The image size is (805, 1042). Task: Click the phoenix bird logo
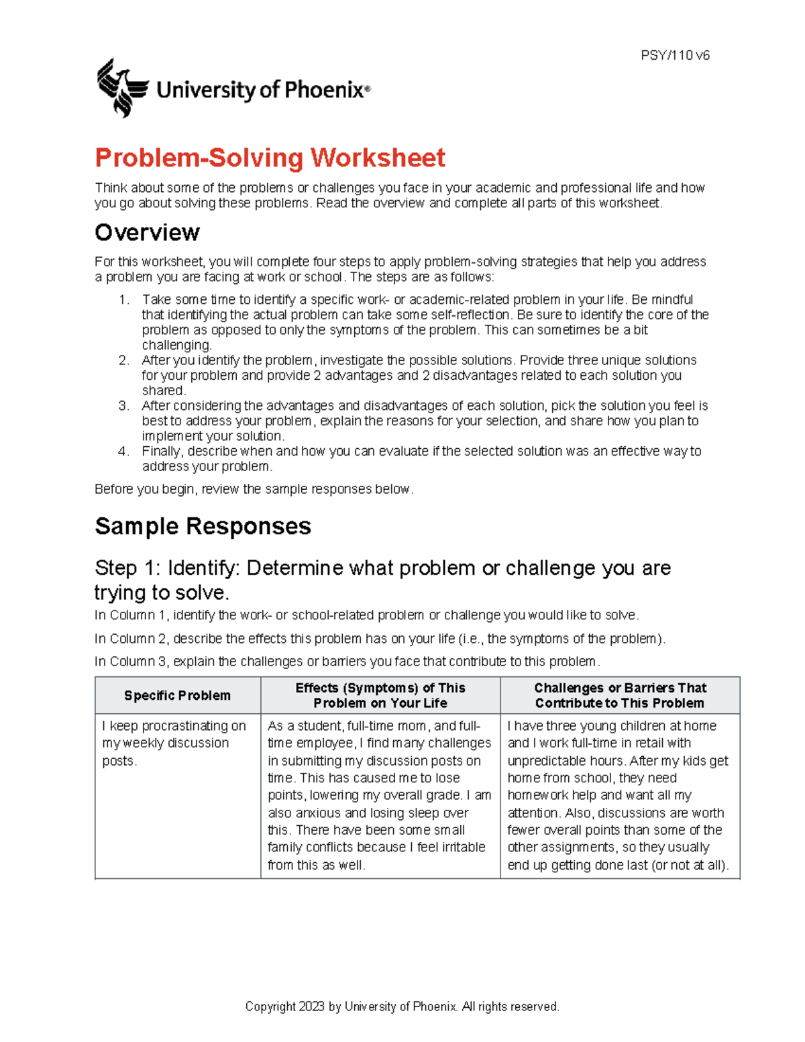point(122,88)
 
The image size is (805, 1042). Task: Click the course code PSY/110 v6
point(675,56)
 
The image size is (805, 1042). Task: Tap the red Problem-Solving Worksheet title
point(270,158)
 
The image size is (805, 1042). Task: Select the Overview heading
point(147,233)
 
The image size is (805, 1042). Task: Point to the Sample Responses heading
point(203,526)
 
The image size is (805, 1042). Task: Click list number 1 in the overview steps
point(123,300)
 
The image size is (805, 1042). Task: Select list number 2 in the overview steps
point(123,360)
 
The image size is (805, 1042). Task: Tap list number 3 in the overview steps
point(123,406)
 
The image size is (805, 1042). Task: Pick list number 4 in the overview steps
point(123,452)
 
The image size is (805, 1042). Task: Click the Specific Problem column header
point(177,696)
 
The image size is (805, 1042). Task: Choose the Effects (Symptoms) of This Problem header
point(380,695)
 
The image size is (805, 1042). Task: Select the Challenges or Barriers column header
point(620,695)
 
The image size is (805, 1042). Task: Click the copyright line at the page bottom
point(402,1006)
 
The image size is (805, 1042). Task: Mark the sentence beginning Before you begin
point(254,489)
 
